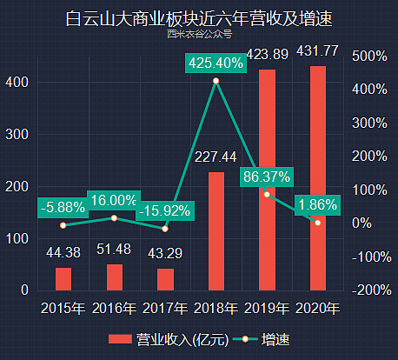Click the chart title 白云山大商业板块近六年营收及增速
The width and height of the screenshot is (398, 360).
(x=199, y=17)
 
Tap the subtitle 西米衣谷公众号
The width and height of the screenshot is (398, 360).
(x=199, y=35)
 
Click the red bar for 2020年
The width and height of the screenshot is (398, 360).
(x=318, y=177)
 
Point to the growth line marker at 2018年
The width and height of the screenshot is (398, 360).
(x=216, y=81)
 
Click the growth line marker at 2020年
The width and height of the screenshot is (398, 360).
(x=318, y=223)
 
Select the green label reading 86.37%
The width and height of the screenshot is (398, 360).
(x=267, y=176)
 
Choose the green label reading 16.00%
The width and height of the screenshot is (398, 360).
(x=114, y=200)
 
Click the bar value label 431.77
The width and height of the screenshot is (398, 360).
(x=318, y=50)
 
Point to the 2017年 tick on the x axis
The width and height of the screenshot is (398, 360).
(x=165, y=308)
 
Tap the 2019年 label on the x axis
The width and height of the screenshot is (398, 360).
(x=267, y=308)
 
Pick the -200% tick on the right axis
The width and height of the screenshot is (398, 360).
(x=370, y=290)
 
